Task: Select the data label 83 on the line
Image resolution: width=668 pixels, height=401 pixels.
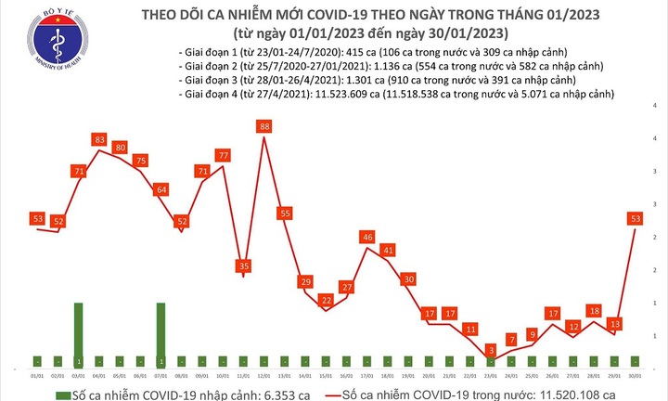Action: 98,139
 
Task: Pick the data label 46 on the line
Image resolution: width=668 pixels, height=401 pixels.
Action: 368,239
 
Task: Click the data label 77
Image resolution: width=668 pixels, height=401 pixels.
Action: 223,154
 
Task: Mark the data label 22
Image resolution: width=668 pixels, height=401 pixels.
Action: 327,300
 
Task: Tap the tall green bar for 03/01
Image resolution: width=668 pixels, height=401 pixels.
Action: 78,335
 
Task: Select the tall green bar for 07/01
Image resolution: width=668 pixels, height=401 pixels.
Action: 161,335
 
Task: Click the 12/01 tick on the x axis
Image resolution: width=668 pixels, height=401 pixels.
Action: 264,375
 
